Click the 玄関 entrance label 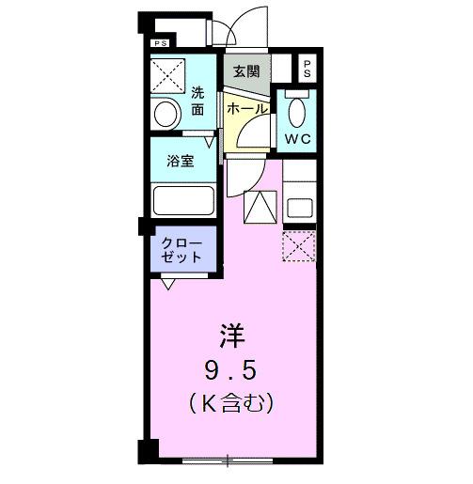click(x=247, y=70)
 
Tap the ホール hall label click(x=246, y=109)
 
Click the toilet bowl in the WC click(x=297, y=116)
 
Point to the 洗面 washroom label click(x=197, y=101)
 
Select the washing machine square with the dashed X click(x=169, y=74)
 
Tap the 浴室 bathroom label click(x=180, y=160)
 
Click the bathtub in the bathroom click(x=184, y=201)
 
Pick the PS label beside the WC click(x=307, y=69)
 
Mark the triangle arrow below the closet click(x=168, y=281)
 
